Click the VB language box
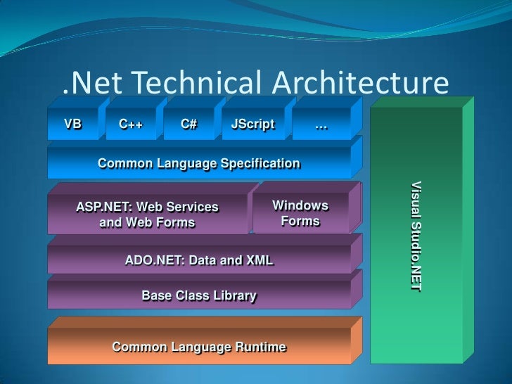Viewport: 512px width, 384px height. click(73, 125)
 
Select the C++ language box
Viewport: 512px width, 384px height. click(131, 125)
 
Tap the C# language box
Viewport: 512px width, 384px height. click(188, 125)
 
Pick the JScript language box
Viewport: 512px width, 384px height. click(252, 125)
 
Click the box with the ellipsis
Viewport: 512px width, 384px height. click(321, 126)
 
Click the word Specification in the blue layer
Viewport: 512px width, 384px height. click(260, 164)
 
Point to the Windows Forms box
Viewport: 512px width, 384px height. click(300, 213)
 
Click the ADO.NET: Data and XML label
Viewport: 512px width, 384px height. click(199, 260)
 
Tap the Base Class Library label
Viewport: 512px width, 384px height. click(199, 295)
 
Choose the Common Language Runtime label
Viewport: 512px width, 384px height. click(199, 347)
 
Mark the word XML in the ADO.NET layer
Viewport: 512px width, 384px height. click(259, 260)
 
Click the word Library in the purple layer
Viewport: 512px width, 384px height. click(234, 295)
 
